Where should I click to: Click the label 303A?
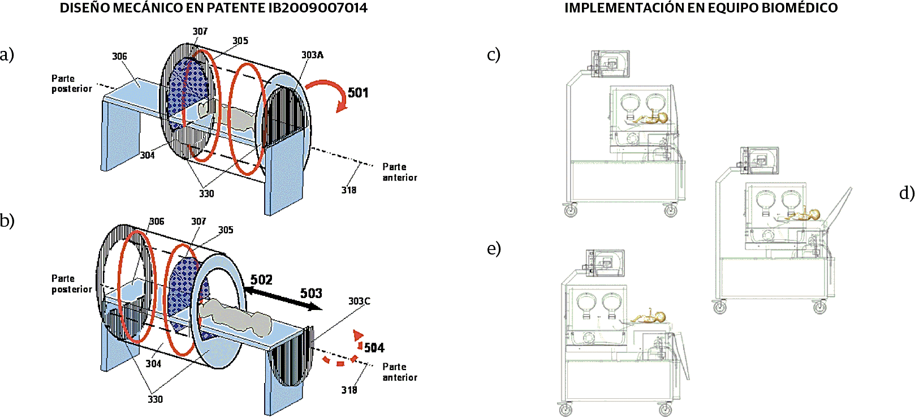[312, 55]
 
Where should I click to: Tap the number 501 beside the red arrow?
[358, 93]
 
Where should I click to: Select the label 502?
[261, 280]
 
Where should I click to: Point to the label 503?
[311, 294]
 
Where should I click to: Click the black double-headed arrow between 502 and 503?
[283, 298]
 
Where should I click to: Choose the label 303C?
[359, 301]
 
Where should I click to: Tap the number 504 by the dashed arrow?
[374, 348]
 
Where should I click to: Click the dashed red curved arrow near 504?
[345, 354]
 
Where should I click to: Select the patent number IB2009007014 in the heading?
[317, 8]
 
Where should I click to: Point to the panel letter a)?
[7, 55]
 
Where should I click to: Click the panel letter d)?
[907, 193]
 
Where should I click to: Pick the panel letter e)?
[494, 248]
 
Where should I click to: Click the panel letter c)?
[494, 55]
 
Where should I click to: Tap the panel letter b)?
[7, 221]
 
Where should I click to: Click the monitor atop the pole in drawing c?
[610, 64]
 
